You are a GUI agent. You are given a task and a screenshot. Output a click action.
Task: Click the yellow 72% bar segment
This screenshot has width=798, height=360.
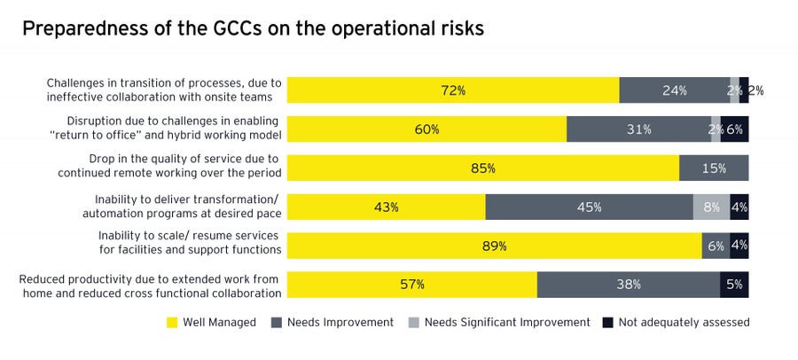coord(453,90)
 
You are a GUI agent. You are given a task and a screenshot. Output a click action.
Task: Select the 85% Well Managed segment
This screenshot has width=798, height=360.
coord(483,168)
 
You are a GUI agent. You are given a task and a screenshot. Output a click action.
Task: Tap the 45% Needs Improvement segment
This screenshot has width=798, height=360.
coord(589,207)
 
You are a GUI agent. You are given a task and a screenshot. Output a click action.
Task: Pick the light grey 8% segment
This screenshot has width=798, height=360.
coord(711,207)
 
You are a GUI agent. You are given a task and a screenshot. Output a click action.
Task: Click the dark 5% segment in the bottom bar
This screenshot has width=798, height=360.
coord(734,285)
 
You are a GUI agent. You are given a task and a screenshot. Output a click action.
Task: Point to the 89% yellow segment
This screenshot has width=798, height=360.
coord(495,246)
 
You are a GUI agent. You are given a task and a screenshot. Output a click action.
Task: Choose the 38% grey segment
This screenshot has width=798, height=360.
coord(629,285)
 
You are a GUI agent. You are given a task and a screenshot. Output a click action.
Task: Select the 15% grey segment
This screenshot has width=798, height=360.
coord(714,168)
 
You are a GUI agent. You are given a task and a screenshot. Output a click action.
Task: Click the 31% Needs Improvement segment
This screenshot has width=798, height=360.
coord(638,129)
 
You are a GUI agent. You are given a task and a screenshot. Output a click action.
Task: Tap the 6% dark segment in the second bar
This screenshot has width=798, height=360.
coord(735,129)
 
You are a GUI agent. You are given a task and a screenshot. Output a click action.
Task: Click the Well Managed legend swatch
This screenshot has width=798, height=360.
coord(172,323)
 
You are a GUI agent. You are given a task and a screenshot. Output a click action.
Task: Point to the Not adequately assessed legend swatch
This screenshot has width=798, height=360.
coord(607,323)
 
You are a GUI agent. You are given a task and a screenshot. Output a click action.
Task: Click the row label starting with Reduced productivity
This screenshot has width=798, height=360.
coord(151,285)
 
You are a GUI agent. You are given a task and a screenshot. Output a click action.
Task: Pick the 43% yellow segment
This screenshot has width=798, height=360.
coord(386,207)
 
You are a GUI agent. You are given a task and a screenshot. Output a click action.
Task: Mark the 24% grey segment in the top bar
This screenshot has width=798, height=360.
coord(674,90)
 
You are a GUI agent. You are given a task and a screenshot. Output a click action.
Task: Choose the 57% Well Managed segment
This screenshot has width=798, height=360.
coord(412,285)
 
